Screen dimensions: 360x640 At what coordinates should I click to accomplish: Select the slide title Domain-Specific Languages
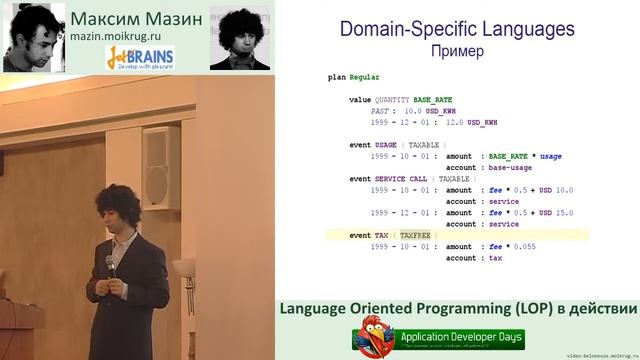click(456, 29)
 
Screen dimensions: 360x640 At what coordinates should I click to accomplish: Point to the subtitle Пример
click(456, 49)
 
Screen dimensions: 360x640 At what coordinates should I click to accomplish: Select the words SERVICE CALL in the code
click(401, 178)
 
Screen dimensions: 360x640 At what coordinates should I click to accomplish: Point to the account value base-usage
click(511, 167)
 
